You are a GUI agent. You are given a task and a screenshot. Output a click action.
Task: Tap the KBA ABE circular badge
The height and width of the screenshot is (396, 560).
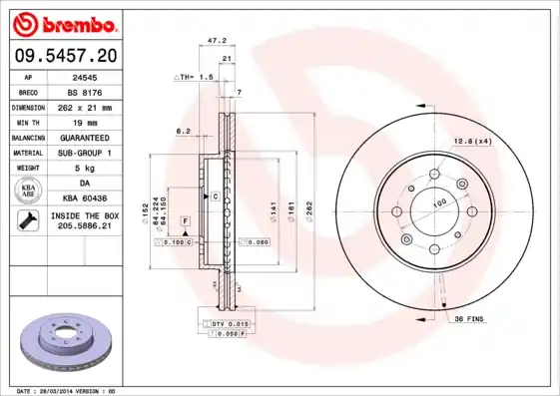pos(29,191)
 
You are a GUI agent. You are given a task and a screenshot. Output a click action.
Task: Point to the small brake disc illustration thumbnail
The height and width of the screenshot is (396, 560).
pos(68,338)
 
